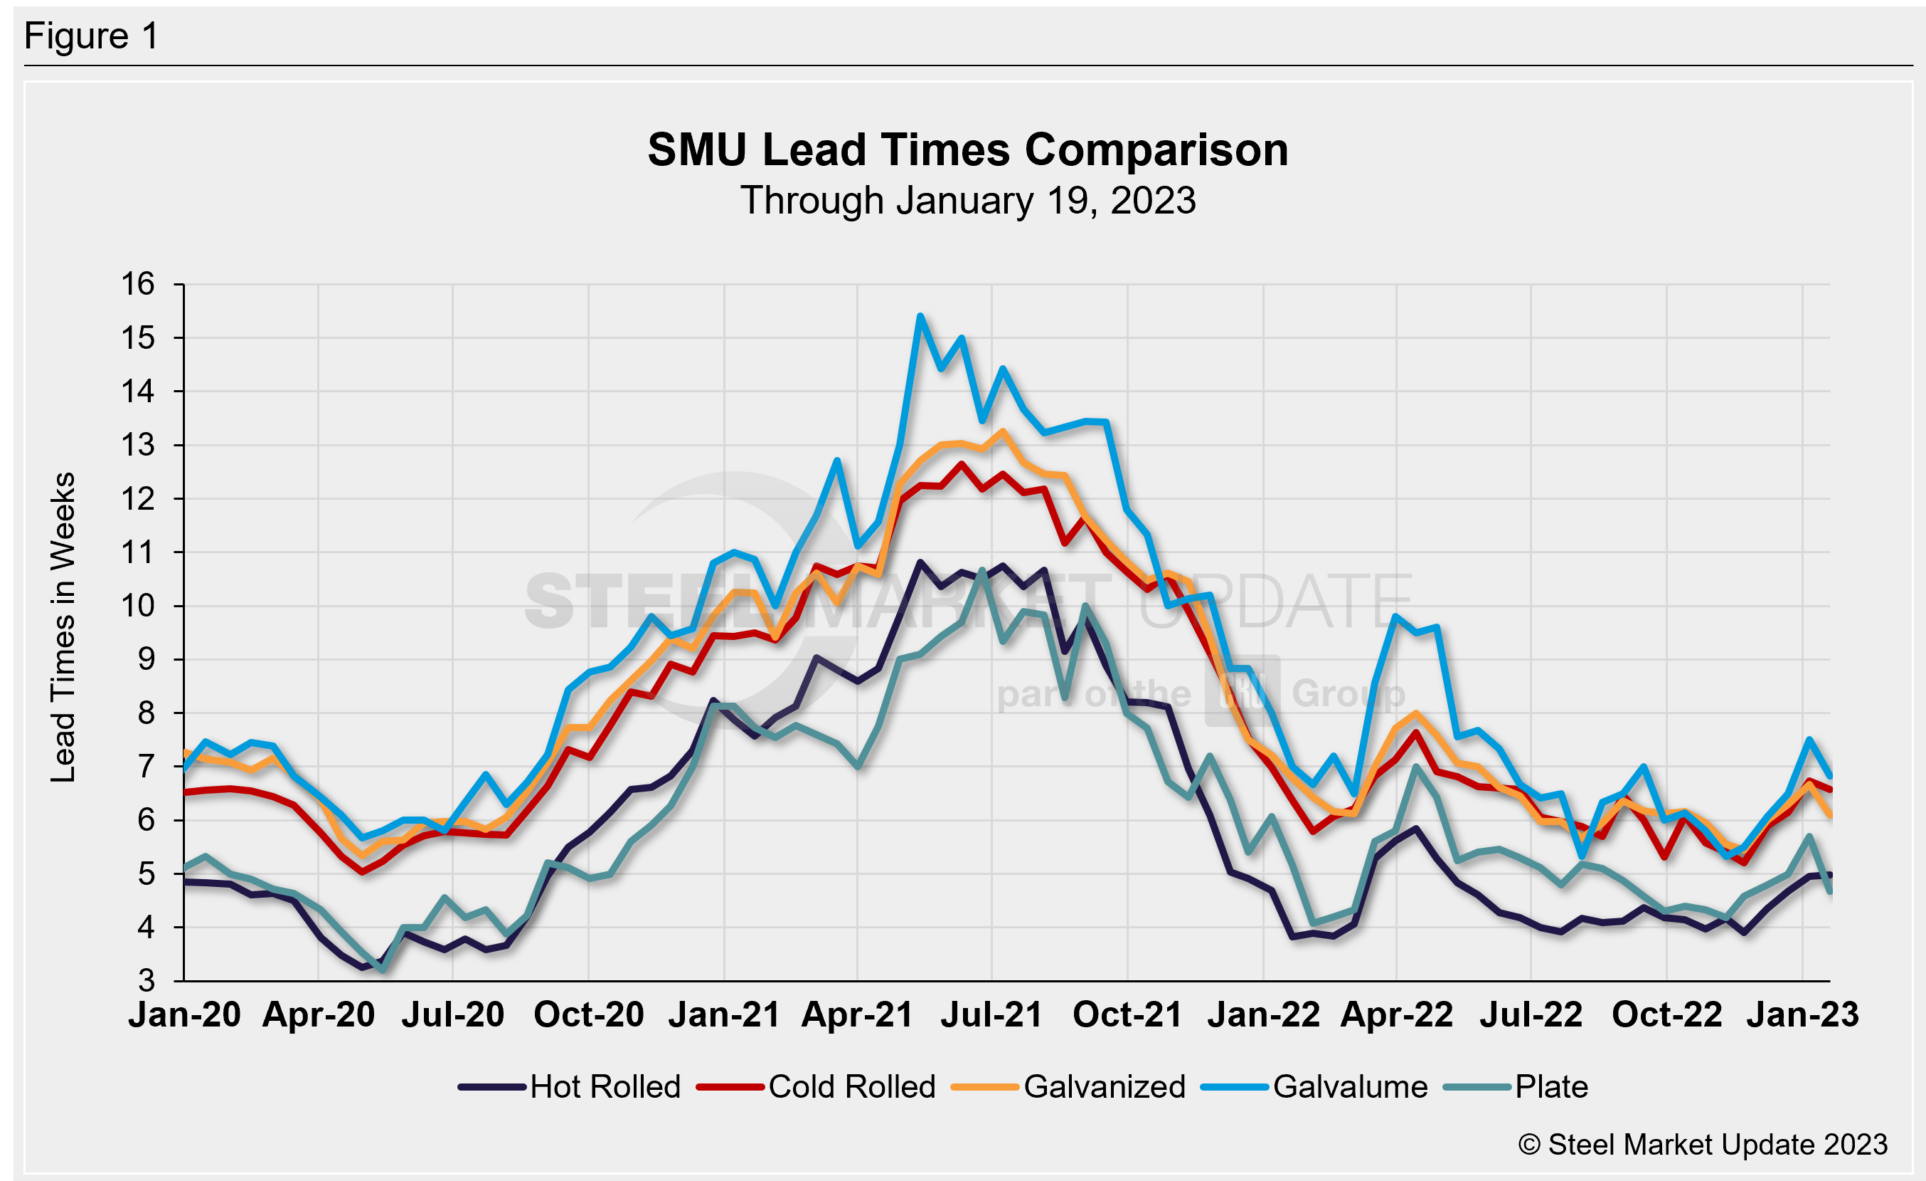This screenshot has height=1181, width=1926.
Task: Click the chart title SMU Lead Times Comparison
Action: tap(968, 149)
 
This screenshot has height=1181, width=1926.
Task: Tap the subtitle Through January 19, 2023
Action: tap(968, 201)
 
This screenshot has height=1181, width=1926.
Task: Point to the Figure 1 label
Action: tap(92, 36)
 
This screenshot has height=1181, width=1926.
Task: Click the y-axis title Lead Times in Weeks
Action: tap(63, 627)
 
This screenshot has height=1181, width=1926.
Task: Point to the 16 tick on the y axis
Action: tap(137, 284)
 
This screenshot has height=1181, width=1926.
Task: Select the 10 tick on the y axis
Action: tap(137, 606)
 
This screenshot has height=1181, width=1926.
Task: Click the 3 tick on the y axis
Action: tap(147, 981)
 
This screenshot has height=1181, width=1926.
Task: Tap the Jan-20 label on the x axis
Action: tap(184, 1015)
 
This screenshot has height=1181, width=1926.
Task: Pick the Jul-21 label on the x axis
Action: tap(991, 1015)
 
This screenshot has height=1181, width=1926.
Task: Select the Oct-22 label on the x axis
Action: tap(1666, 1015)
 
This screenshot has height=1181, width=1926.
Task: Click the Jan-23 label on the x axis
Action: tap(1802, 1015)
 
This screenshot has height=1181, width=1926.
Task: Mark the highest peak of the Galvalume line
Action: tap(920, 316)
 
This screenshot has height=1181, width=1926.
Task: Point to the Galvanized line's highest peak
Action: tap(1003, 431)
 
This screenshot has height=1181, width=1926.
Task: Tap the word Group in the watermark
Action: tap(1348, 694)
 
